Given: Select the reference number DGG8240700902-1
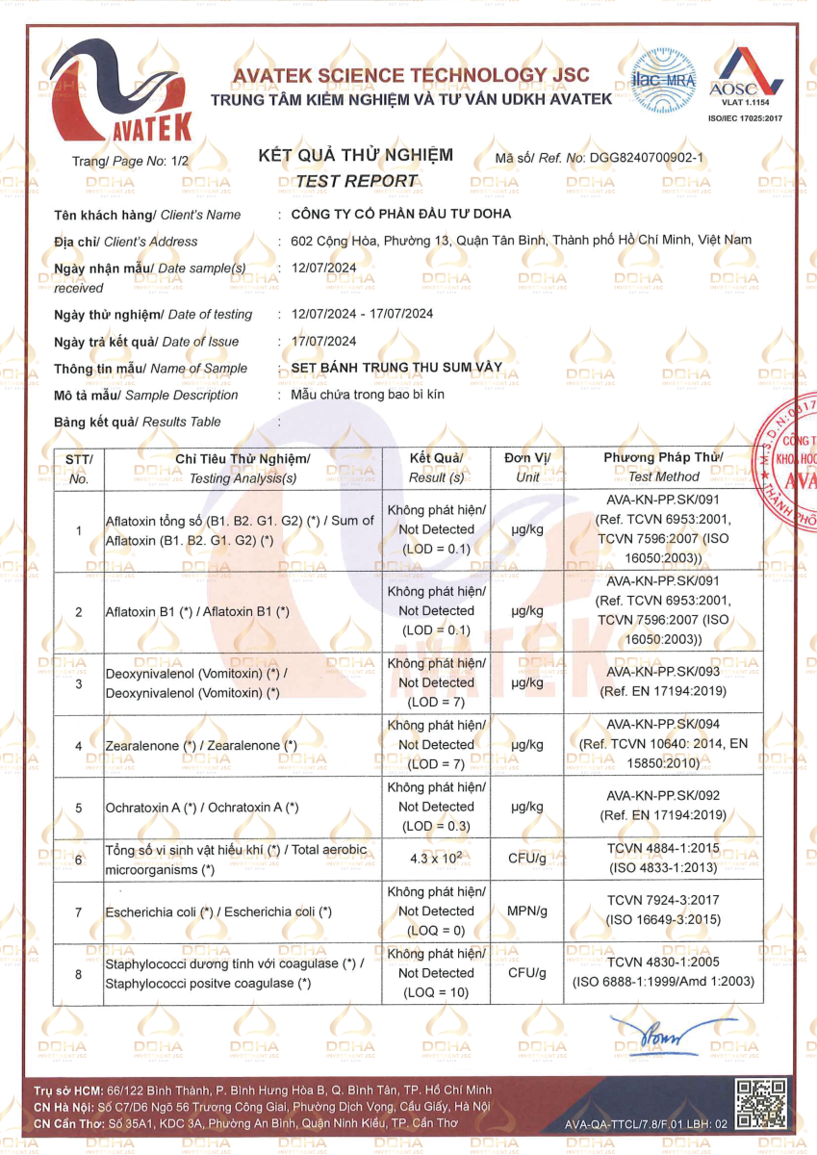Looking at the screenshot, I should click(647, 156).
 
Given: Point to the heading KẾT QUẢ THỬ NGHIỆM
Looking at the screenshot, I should click(356, 156).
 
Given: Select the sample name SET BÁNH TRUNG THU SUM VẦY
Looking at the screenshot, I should click(396, 368).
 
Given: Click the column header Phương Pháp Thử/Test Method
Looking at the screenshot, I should click(663, 467).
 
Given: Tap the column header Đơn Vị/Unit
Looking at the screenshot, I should click(526, 467).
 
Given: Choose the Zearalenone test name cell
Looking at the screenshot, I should click(201, 746).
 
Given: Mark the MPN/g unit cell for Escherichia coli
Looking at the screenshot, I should click(526, 911).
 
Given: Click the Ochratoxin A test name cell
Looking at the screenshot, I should click(202, 808).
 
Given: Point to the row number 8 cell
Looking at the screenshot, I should click(78, 974).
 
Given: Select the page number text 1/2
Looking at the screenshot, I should click(181, 164).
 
